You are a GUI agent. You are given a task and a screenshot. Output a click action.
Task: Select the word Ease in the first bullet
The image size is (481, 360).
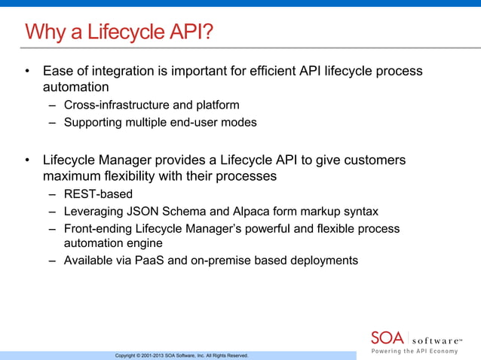[x=58, y=71]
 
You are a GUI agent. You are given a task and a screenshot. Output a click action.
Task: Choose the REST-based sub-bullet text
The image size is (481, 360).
[x=98, y=194]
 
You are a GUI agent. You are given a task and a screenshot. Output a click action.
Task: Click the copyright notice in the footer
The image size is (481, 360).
[x=181, y=355]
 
